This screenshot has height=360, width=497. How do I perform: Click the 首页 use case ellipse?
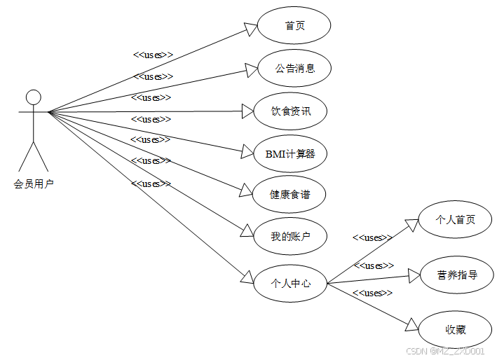click(x=294, y=26)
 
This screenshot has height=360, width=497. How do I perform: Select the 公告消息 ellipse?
click(x=294, y=68)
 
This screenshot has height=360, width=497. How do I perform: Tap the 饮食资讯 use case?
click(x=290, y=111)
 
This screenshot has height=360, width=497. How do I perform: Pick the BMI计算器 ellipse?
click(x=290, y=154)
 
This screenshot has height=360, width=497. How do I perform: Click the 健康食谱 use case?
click(x=290, y=195)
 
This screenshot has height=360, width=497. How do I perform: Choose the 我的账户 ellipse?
click(x=290, y=237)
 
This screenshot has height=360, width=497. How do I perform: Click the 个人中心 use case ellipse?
click(x=290, y=284)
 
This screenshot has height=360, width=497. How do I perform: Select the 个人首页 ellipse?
click(x=455, y=220)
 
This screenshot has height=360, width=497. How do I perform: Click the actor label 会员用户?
click(x=34, y=184)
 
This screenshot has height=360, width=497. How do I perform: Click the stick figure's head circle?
click(x=33, y=97)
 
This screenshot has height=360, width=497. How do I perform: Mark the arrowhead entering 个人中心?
click(x=247, y=276)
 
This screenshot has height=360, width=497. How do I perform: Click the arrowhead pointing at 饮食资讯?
click(x=247, y=111)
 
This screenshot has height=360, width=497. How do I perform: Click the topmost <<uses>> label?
click(x=153, y=55)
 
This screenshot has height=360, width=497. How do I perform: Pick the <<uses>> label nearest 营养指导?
click(x=374, y=266)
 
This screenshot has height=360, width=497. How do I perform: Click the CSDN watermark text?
click(x=445, y=351)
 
